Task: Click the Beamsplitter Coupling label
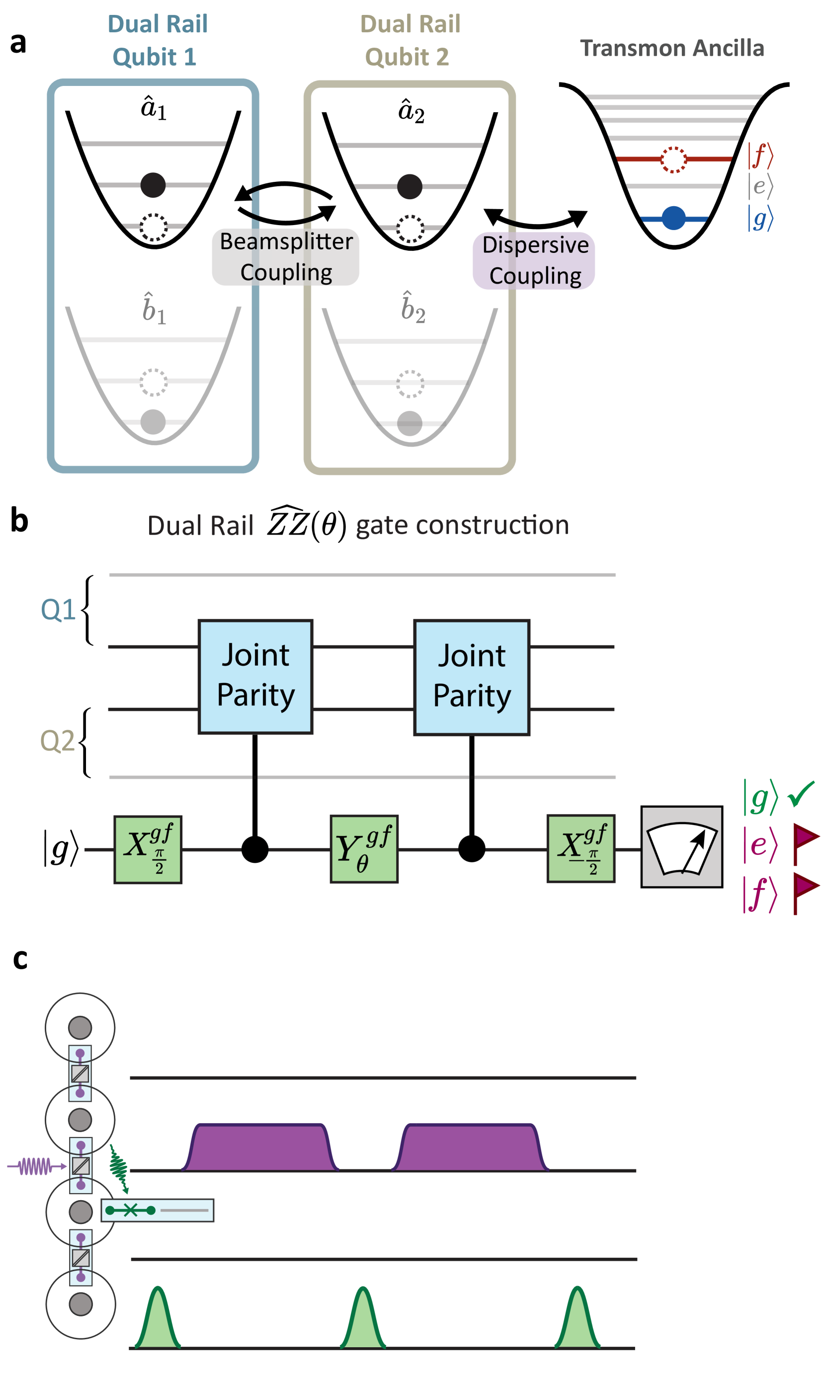pyautogui.click(x=286, y=257)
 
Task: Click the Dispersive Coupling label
pyautogui.click(x=534, y=260)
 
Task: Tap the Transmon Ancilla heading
pyautogui.click(x=672, y=48)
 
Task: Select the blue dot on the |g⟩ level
pyautogui.click(x=673, y=218)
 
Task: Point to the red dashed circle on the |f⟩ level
pyautogui.click(x=673, y=159)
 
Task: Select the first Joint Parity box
pyautogui.click(x=255, y=677)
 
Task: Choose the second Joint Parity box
pyautogui.click(x=472, y=677)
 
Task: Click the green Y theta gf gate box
pyautogui.click(x=364, y=849)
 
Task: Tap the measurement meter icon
pyautogui.click(x=681, y=846)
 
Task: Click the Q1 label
pyautogui.click(x=58, y=610)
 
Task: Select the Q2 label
pyautogui.click(x=57, y=741)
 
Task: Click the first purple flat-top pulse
pyautogui.click(x=260, y=1148)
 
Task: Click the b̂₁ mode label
pyautogui.click(x=154, y=309)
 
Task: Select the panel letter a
pyautogui.click(x=18, y=43)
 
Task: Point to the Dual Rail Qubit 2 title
pyautogui.click(x=409, y=41)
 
